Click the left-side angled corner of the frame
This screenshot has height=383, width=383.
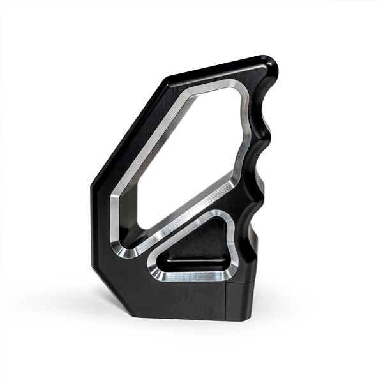94,188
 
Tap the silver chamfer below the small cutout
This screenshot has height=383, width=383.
191,277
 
